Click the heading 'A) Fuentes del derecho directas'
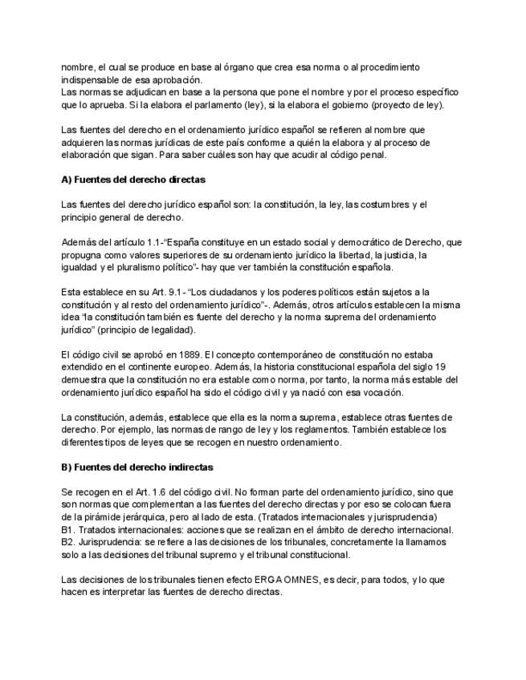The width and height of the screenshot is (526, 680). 133,180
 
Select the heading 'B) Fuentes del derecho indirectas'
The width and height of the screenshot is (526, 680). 137,467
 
